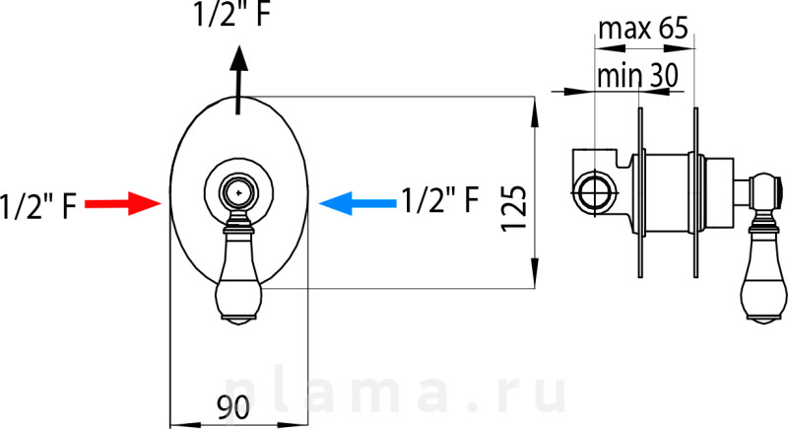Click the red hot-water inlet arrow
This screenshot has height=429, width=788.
pos(123,203)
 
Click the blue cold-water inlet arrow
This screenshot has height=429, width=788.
pos(358,203)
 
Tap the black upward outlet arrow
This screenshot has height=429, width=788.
pos(239,80)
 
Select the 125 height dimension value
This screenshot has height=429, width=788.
pos(514,209)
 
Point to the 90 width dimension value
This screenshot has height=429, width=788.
pos(233,407)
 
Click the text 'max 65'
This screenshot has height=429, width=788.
pos(643,29)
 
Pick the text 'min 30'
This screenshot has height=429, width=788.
pos(637,75)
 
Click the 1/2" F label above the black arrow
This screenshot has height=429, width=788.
pos(231,14)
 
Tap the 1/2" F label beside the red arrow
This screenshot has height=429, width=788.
pos(38,206)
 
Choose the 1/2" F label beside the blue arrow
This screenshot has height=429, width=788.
pos(440,199)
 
